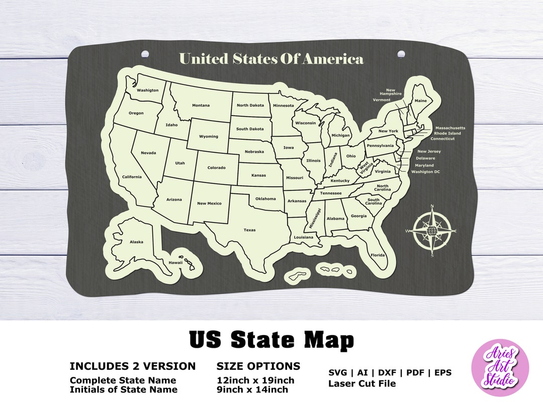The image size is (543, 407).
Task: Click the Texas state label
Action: click(249, 230)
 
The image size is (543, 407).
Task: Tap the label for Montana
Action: click(201, 106)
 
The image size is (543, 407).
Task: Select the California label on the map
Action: click(132, 177)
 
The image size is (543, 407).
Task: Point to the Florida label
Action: click(378, 255)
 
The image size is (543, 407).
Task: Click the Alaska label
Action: click(136, 242)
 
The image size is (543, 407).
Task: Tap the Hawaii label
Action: click(175, 263)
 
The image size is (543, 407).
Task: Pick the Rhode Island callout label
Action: click(447, 134)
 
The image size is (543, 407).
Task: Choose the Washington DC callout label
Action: click(425, 172)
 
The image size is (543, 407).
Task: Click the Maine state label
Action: click(420, 101)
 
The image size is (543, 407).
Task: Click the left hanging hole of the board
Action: click(145, 53)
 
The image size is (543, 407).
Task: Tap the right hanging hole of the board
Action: click(401, 53)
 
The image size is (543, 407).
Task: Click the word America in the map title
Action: click(333, 59)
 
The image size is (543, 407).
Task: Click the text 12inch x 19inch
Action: click(255, 380)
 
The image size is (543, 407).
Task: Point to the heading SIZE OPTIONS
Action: click(258, 366)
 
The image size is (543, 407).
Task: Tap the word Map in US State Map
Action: click(326, 340)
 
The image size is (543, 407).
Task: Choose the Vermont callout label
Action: click(382, 100)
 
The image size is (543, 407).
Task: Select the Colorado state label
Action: click(216, 168)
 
